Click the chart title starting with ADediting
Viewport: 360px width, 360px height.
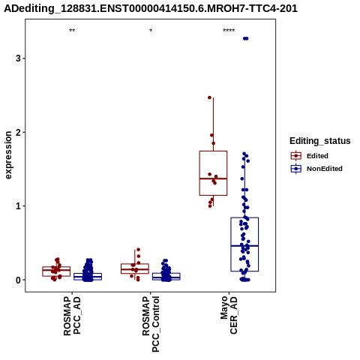151,8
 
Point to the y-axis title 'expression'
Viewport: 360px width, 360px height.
8,155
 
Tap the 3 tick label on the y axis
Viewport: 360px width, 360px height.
18,58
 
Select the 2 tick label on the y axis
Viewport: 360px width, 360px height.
18,132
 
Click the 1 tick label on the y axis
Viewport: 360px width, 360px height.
18,206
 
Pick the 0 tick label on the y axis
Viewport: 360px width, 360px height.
18,280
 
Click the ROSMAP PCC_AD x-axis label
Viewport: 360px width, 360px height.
72,316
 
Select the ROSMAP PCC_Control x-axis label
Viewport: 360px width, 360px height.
151,324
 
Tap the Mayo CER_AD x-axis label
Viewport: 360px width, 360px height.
229,315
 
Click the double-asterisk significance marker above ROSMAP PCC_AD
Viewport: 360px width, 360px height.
72,31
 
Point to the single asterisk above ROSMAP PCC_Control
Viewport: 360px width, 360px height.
151,31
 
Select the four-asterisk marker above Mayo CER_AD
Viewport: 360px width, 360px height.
229,31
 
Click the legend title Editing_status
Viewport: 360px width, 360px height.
320,141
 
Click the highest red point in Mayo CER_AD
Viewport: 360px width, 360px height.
210,97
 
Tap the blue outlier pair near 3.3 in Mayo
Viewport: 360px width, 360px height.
246,38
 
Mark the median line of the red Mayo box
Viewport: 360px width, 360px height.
213,178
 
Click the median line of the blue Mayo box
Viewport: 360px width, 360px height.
244,246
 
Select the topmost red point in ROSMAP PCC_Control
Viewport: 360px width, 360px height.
138,250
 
